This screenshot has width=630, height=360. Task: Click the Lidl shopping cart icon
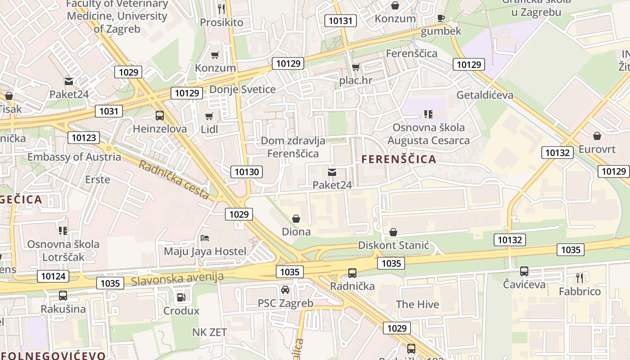[x=209, y=117]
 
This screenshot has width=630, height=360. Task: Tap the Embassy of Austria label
[x=74, y=157]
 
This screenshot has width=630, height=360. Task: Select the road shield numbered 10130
[x=247, y=171]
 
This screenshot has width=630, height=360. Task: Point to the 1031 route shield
[x=108, y=111]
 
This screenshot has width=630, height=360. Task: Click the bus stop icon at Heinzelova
[x=160, y=116]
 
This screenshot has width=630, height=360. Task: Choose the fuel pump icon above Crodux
[x=181, y=297]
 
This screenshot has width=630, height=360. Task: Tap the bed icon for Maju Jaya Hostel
[x=205, y=238]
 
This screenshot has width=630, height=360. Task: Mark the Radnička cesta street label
[x=174, y=180]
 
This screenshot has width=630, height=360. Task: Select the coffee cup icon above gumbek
[x=441, y=18]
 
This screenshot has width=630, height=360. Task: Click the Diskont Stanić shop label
[x=393, y=246]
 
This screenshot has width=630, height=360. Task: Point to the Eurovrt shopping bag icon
[x=597, y=135]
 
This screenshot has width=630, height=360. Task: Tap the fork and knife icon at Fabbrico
[x=580, y=278]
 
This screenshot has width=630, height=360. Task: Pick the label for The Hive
[x=417, y=304]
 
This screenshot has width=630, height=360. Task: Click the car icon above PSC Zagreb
[x=285, y=289]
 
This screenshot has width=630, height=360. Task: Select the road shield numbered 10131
[x=341, y=21]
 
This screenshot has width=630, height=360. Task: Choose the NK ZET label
[x=209, y=332]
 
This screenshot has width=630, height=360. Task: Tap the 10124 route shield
[x=53, y=276]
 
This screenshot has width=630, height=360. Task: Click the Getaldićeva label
[x=485, y=95]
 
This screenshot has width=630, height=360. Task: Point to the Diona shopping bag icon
[x=296, y=219]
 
